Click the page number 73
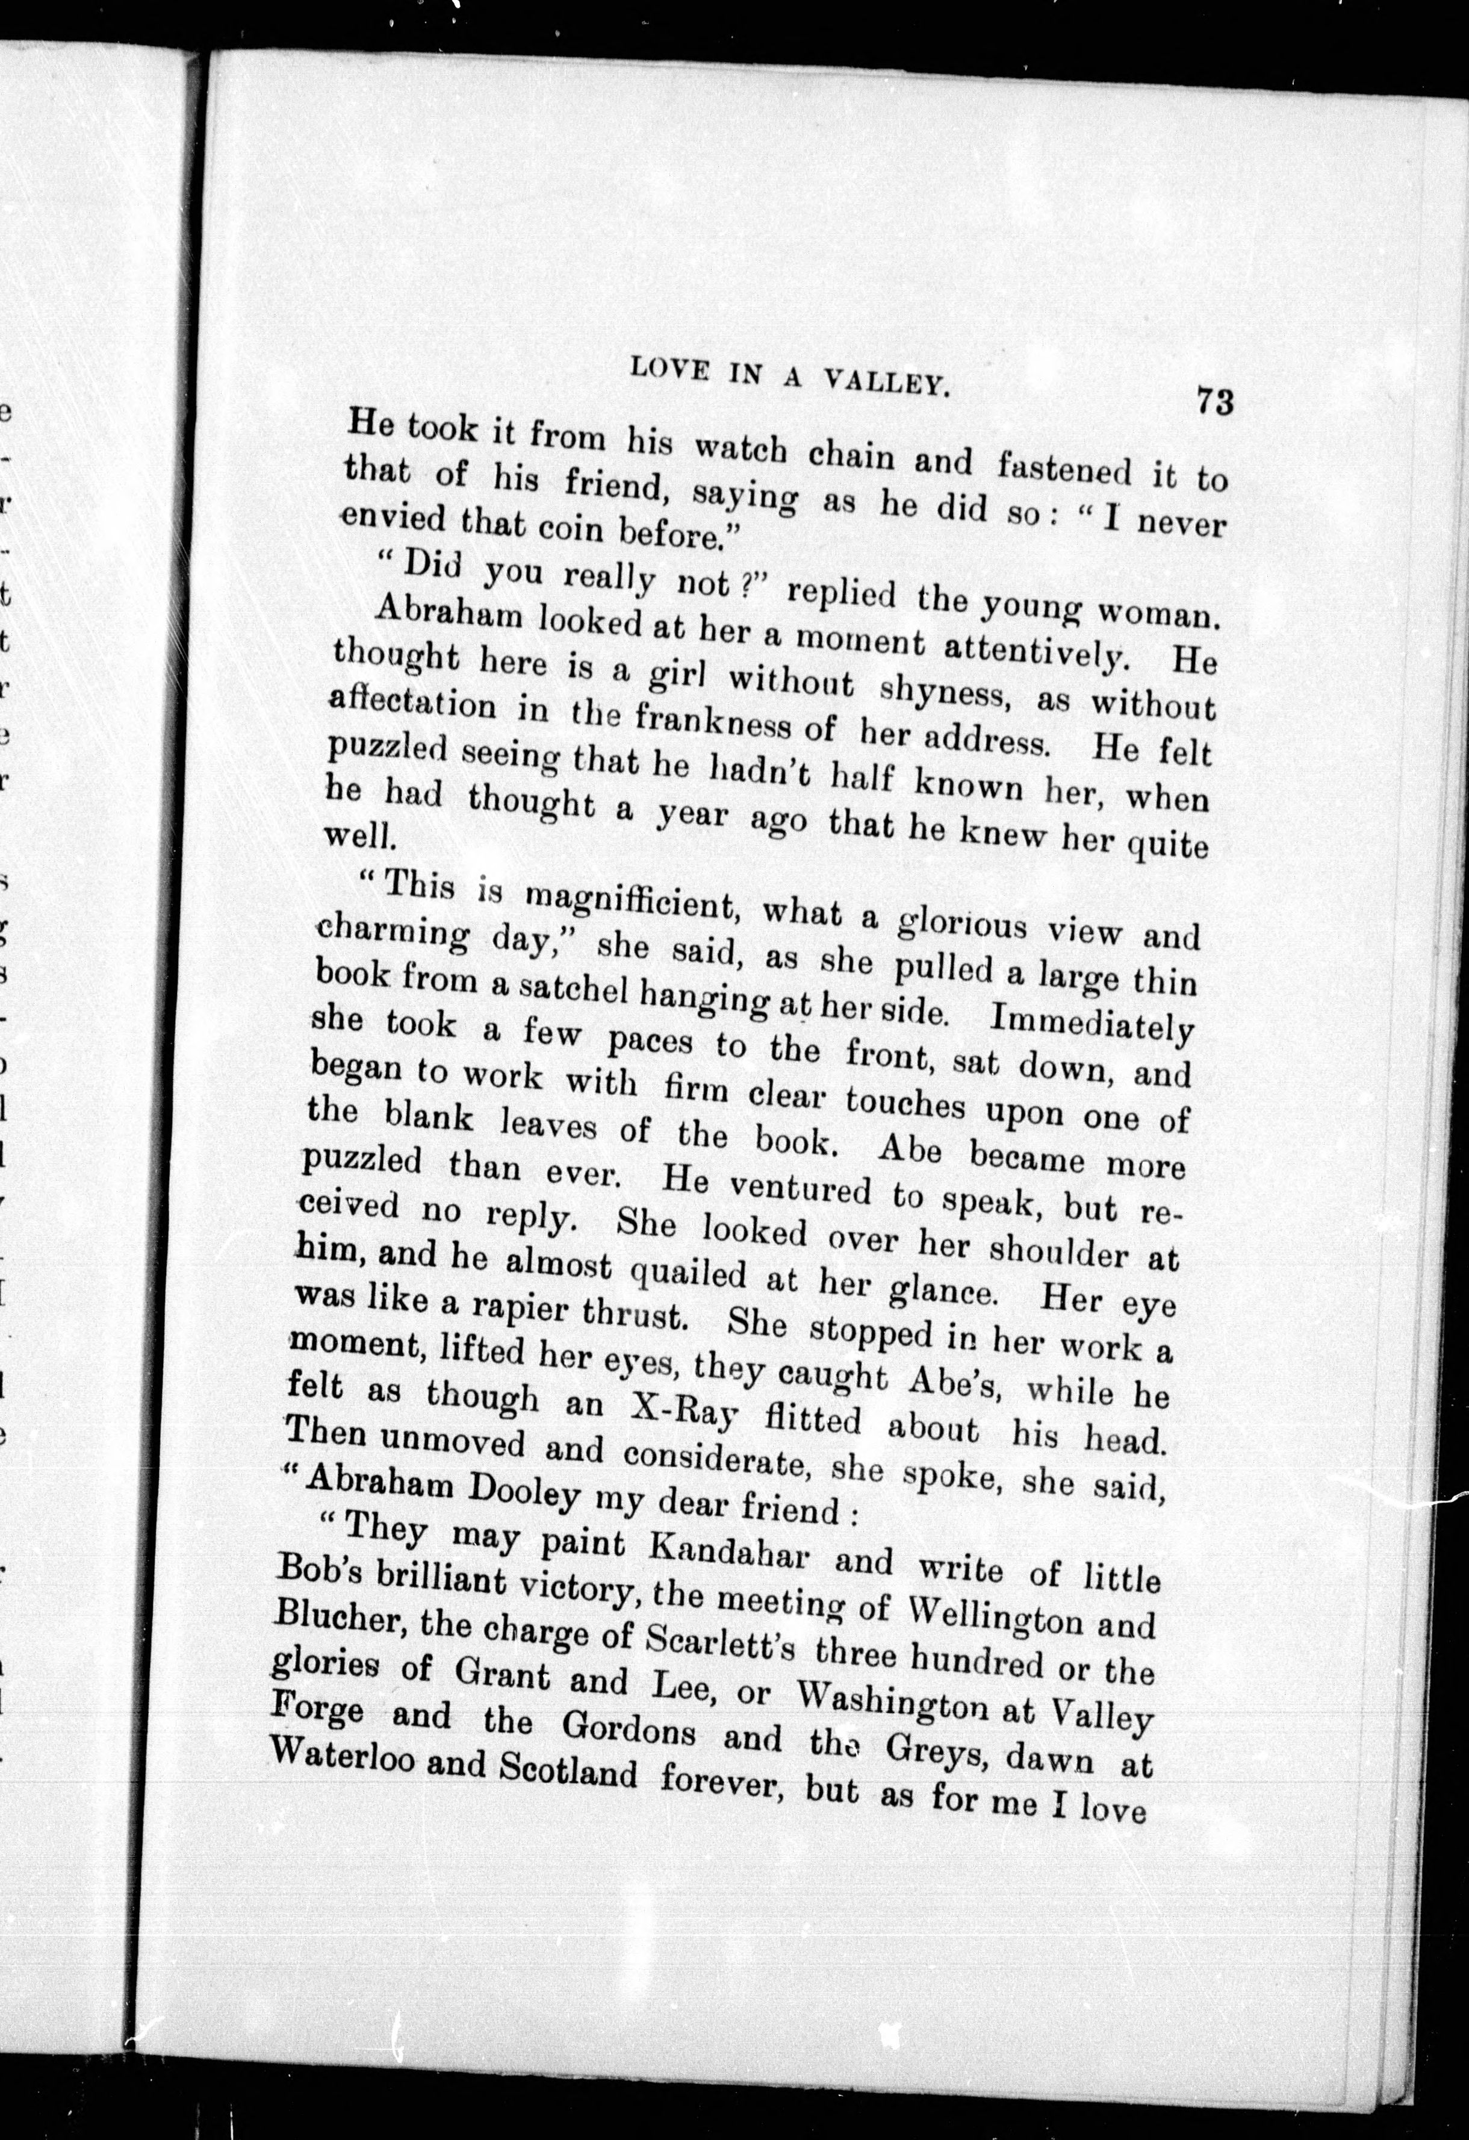[1214, 402]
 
